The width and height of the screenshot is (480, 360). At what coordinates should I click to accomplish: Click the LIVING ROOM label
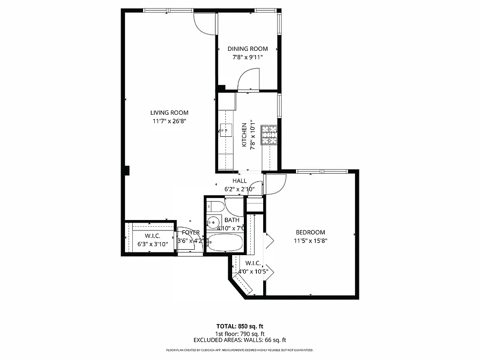[x=169, y=113]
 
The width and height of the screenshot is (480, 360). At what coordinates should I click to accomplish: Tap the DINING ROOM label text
[x=247, y=49]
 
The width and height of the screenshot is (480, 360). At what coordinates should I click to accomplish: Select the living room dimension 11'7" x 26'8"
[x=169, y=121]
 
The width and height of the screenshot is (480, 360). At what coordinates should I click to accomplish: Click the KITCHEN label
[x=244, y=135]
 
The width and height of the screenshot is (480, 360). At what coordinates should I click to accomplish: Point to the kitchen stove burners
[x=270, y=135]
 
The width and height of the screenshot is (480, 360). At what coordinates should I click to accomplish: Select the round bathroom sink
[x=213, y=223]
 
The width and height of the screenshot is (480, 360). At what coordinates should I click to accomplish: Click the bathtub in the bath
[x=225, y=243]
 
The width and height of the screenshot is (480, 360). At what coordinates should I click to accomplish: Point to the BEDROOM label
[x=310, y=233]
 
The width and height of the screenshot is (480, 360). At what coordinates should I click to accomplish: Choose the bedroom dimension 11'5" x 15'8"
[x=310, y=240]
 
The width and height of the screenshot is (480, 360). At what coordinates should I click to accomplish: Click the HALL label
[x=240, y=181]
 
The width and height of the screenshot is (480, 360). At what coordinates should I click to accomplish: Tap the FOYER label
[x=191, y=233]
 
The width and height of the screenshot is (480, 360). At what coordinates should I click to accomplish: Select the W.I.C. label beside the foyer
[x=153, y=236]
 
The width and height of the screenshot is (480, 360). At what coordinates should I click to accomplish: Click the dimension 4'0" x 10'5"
[x=254, y=271]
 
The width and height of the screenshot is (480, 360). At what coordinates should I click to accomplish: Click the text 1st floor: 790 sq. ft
[x=240, y=333]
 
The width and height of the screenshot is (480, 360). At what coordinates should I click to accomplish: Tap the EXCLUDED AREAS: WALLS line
[x=240, y=341]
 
